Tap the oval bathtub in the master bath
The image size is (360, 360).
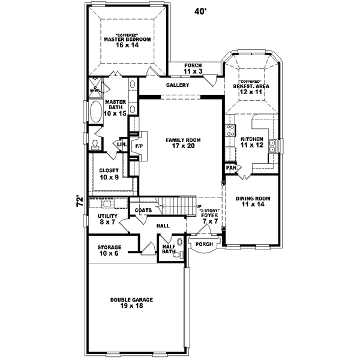96,112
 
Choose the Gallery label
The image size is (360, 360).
178,85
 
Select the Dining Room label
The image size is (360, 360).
252,201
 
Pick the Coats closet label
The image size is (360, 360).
143,210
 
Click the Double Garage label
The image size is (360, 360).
131,303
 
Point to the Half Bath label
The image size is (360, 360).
169,248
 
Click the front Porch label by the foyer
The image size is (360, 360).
205,244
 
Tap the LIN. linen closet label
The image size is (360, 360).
121,145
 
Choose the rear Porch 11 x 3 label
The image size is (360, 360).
193,68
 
